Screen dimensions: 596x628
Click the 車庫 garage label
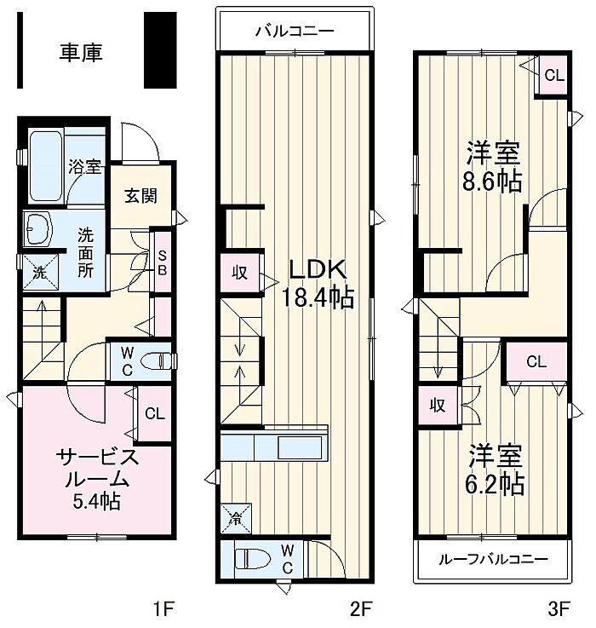tap(81, 53)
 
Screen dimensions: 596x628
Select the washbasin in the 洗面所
tap(38, 228)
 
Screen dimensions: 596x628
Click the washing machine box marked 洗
tap(40, 273)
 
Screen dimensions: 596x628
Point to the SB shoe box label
tap(162, 262)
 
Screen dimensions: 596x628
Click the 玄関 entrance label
tap(140, 195)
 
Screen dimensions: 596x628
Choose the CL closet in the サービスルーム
tap(155, 413)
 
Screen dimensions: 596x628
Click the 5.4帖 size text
tap(97, 500)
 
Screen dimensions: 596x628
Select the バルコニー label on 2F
tap(295, 32)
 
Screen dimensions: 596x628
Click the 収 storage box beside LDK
tap(240, 273)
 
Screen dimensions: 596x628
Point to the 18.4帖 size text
tap(318, 297)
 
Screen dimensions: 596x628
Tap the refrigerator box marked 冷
tap(236, 519)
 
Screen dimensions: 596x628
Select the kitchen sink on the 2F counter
tap(301, 447)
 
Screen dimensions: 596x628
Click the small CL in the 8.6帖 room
tap(554, 75)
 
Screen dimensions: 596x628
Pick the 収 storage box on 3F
tap(438, 406)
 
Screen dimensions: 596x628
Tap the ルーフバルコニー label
tap(493, 560)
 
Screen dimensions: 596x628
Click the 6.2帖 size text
tap(495, 484)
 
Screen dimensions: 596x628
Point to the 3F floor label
tap(559, 609)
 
